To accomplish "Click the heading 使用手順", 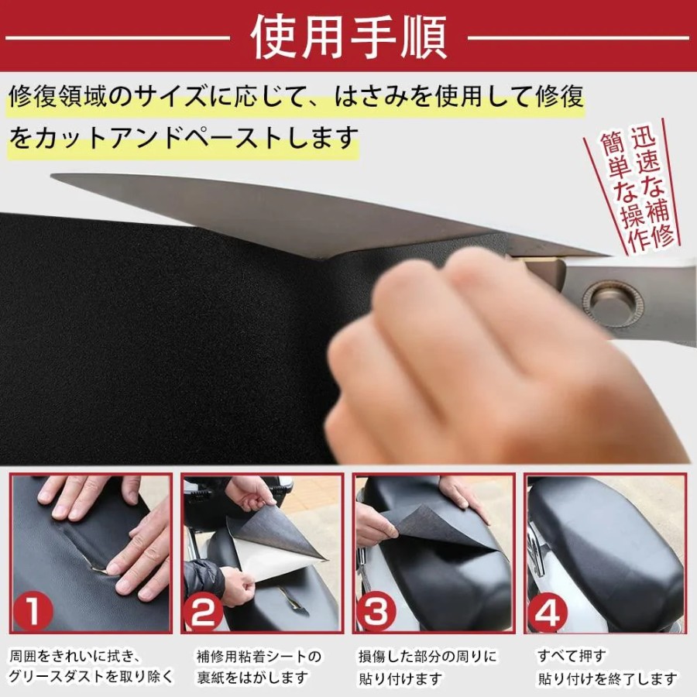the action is (348, 38).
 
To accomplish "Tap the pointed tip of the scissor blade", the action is (53, 177).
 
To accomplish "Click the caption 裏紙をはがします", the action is (252, 678).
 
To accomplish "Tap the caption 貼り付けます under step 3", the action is (400, 678).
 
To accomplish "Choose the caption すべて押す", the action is (572, 656).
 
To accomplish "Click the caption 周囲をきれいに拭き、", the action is (75, 656).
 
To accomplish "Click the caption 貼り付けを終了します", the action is (608, 678).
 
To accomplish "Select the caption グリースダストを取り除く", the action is (91, 678).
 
